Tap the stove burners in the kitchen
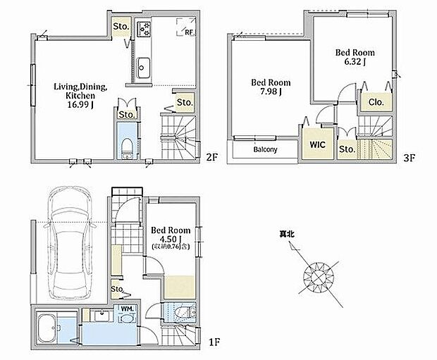(x=144, y=29)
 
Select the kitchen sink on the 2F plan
(x=143, y=68)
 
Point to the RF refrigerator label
(x=189, y=32)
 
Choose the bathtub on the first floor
(x=47, y=329)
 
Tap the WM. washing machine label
(x=128, y=309)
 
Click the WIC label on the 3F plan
(x=317, y=144)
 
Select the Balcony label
(x=265, y=149)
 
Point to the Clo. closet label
(x=376, y=102)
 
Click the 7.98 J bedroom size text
(x=271, y=92)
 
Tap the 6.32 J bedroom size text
(x=355, y=61)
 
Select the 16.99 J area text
(x=80, y=105)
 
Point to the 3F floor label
(x=410, y=158)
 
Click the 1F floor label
(x=214, y=342)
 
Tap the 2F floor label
(x=212, y=157)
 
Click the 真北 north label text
(x=287, y=234)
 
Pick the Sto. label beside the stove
(x=121, y=27)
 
